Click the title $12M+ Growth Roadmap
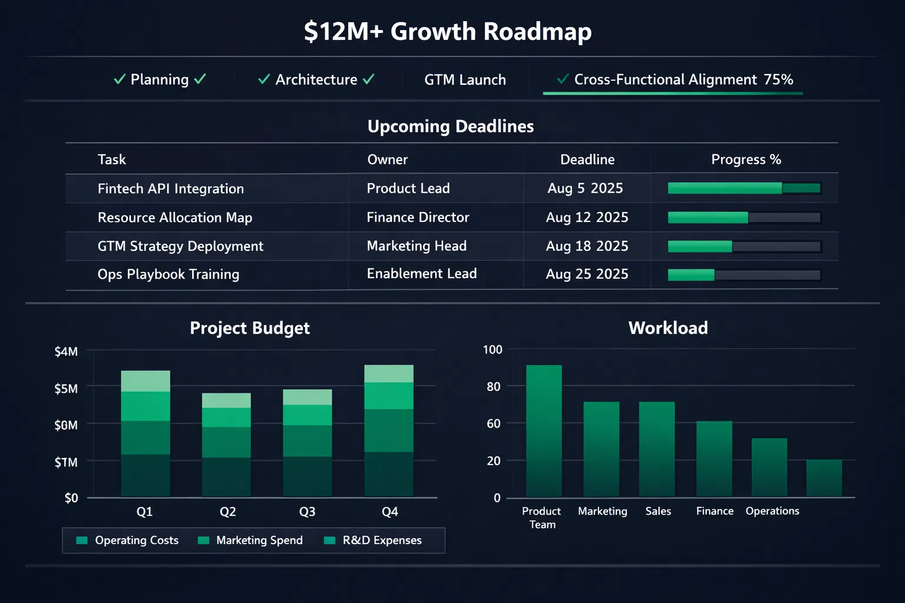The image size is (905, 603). coord(448,32)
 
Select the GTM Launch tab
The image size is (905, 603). coord(465,80)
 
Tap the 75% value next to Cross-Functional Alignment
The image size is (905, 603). coord(778,79)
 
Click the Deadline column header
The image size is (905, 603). coord(587,160)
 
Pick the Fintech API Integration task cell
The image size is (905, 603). coord(170,189)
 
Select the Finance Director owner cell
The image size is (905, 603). coord(418,217)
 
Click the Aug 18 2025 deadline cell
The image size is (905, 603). coord(587,246)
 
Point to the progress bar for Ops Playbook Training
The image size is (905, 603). coord(744,275)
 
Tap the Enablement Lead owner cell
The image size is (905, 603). coord(421,274)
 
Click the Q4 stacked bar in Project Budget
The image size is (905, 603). coord(389,430)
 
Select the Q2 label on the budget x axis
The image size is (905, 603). coord(227,512)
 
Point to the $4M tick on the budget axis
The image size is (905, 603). coord(66,352)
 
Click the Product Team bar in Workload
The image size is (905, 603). coord(543,431)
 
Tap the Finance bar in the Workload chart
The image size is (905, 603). coord(714,459)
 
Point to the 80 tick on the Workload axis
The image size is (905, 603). coord(494,387)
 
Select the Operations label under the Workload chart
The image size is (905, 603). coord(772,511)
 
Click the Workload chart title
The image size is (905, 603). coord(668,328)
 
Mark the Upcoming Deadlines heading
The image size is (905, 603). coord(451,127)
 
